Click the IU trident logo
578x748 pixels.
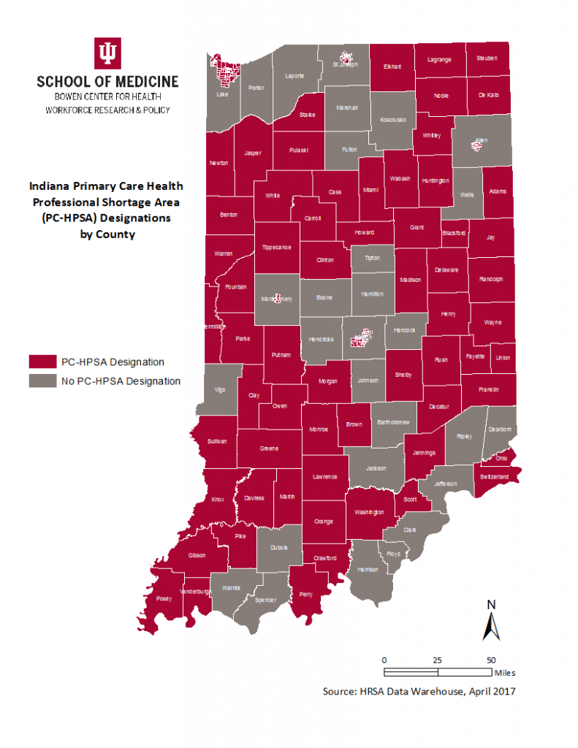[107, 53]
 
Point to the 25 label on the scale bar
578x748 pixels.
[437, 659]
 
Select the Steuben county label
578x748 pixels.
[486, 58]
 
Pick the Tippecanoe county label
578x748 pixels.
[276, 247]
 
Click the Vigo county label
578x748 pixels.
[220, 389]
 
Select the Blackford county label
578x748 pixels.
[453, 232]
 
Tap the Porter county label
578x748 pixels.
[256, 88]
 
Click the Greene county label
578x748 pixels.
[269, 449]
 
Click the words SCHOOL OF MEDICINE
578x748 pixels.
[107, 81]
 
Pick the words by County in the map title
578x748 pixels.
[107, 235]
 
